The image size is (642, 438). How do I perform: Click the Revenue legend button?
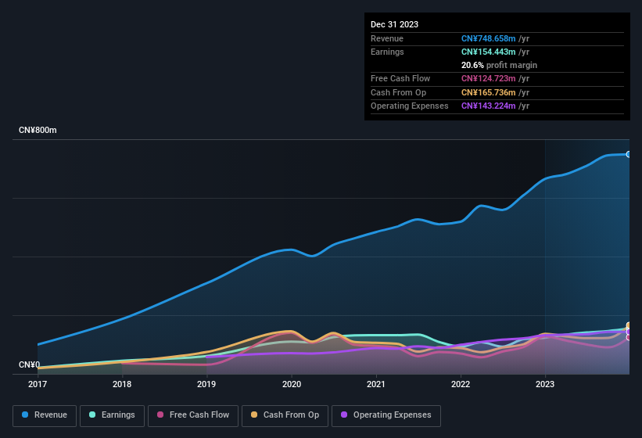45,415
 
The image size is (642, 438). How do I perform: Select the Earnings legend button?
113,415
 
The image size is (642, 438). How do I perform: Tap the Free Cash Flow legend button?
193,415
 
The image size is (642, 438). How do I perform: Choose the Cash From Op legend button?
285,415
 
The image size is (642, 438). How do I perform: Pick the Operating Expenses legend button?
386,415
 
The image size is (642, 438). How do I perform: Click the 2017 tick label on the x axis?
38,384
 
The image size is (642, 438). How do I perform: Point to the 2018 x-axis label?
122,384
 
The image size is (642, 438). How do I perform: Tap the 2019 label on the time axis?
206,384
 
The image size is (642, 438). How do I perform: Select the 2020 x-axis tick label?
292,384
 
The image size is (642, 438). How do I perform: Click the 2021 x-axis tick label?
376,384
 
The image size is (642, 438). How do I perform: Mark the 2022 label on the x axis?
461,384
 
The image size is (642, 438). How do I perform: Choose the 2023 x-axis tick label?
545,384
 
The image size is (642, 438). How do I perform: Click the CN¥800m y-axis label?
38,130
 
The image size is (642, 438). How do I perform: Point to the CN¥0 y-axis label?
29,364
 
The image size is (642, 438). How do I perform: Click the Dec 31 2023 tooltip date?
395,24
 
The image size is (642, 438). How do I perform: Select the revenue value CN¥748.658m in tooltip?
490,38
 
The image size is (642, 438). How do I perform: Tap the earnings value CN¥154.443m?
490,52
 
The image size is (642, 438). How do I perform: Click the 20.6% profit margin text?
499,65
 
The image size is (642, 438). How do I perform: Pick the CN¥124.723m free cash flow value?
490,78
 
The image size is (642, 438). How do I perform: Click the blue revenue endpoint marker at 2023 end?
628,154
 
